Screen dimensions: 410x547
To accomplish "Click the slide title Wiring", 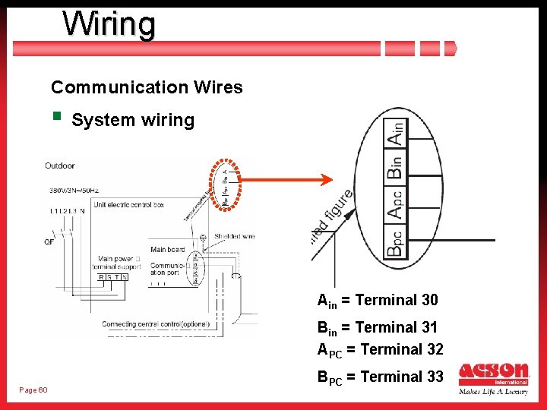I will (x=109, y=24).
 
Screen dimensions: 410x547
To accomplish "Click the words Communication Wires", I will (x=147, y=87).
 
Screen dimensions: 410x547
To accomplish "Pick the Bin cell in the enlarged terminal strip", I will (x=395, y=164).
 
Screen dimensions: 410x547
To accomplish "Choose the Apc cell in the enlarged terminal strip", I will (x=395, y=203).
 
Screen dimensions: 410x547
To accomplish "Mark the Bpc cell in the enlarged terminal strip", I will (x=395, y=241).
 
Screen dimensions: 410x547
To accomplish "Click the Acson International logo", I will (x=494, y=379).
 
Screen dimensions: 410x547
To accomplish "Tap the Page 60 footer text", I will (x=33, y=389).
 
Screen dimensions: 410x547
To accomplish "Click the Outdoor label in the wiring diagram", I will (x=60, y=166).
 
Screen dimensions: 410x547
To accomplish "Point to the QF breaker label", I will (x=50, y=241).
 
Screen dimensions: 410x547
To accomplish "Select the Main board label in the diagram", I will (x=167, y=250).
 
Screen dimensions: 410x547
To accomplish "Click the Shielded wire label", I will (x=234, y=236).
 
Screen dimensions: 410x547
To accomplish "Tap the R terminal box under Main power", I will (x=102, y=278).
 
